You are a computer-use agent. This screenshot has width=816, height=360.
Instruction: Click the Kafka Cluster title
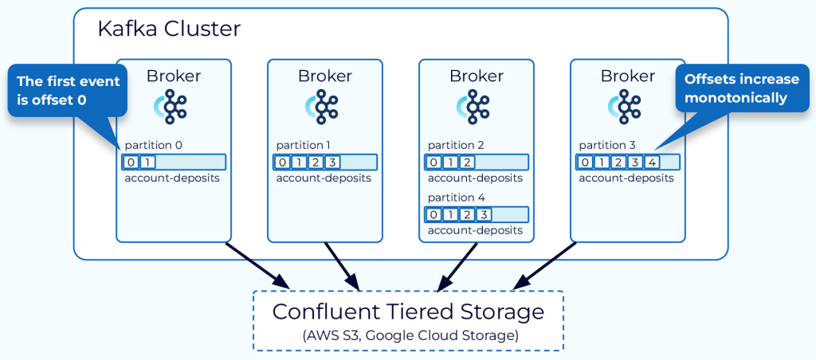tap(169, 29)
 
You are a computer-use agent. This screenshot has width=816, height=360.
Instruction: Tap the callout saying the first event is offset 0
tap(68, 91)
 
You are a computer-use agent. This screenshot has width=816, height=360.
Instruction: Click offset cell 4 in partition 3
tap(651, 162)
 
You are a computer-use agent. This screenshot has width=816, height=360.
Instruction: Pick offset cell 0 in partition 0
tap(131, 162)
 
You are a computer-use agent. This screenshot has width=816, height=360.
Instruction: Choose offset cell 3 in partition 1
tap(332, 162)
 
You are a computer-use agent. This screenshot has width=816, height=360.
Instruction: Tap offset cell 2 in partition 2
tap(468, 162)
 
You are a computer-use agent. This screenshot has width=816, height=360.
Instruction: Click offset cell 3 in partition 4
tap(484, 214)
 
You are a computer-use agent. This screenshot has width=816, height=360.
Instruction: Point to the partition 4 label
tap(457, 198)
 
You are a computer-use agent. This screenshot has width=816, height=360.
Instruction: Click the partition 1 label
tap(304, 146)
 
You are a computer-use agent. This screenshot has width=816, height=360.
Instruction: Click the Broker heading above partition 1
tap(325, 76)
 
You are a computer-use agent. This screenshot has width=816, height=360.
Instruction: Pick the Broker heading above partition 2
tap(477, 76)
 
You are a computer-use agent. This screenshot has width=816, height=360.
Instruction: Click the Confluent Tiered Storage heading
tap(409, 312)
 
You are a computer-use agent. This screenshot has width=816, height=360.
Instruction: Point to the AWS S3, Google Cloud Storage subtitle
tap(410, 335)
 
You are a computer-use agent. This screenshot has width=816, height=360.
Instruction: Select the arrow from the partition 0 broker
tap(257, 265)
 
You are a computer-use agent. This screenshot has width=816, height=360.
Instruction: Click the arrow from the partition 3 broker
tap(545, 265)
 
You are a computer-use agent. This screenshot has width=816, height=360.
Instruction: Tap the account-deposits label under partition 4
tap(475, 230)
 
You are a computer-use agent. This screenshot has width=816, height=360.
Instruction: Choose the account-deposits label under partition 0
tap(172, 178)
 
